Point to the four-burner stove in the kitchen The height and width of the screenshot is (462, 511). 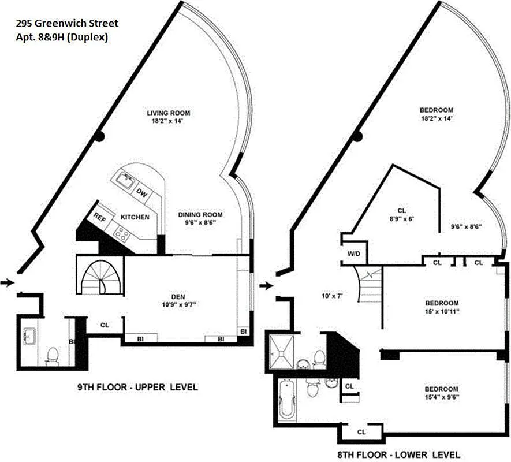coord(123,233)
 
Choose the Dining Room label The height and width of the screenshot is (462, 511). coord(200,215)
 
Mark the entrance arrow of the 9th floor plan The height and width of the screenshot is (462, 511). coord(6,282)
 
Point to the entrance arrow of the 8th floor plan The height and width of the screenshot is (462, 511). coord(265,285)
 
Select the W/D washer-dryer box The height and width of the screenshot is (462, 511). coord(353,253)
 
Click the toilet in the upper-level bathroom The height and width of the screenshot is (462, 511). coord(53,356)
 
